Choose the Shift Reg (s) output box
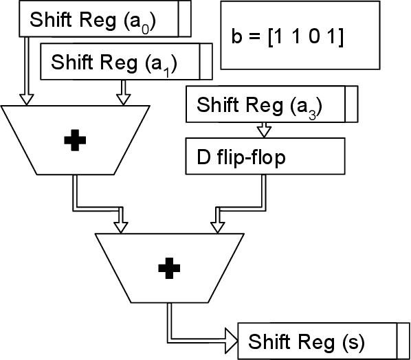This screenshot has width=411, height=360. coord(316,341)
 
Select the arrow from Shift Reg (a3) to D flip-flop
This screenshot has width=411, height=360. coord(264,129)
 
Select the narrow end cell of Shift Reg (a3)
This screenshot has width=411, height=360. coord(351,104)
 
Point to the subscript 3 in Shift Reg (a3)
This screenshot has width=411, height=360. coord(311,113)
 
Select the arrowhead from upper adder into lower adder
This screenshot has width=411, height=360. coord(122,227)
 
